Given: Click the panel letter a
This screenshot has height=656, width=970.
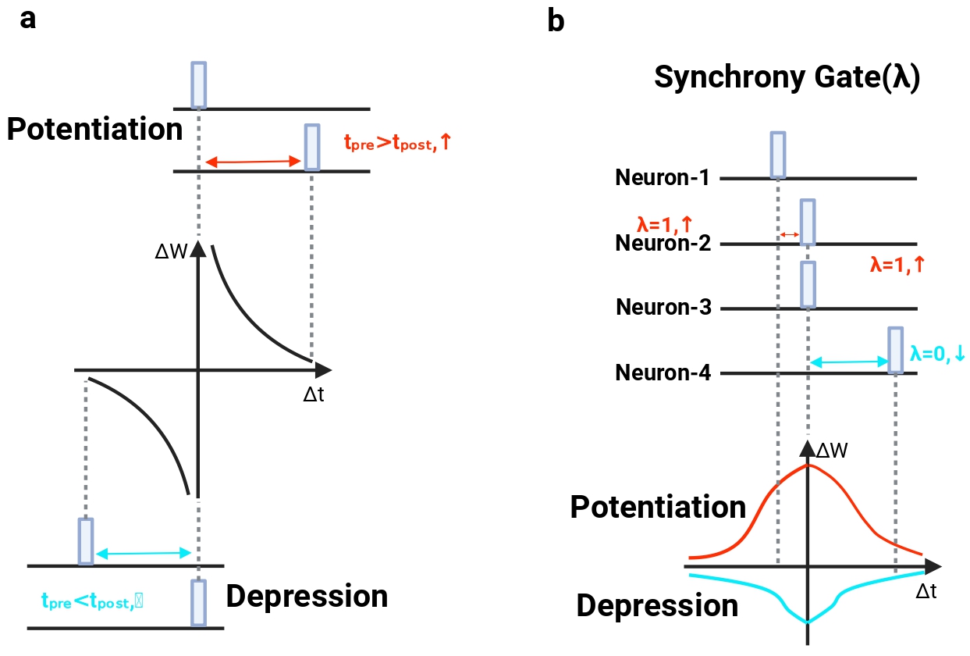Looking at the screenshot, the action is point(28,20).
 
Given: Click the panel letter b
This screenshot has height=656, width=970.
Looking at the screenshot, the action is point(556,21).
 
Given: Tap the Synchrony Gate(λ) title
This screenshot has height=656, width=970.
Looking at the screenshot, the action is point(787,77).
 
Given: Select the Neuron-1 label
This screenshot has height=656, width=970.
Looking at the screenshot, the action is point(662,177).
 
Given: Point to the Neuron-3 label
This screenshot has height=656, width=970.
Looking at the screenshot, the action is point(663,307).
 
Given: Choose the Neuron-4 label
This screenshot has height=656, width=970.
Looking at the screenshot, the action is point(663,373).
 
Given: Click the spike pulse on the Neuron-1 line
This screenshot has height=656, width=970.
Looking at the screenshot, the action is point(778,155).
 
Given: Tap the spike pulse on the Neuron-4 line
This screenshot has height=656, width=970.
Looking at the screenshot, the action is point(896,350).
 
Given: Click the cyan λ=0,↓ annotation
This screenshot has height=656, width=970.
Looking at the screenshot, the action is point(937,354).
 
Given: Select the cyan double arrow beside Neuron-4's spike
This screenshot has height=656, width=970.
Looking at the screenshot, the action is point(848,362).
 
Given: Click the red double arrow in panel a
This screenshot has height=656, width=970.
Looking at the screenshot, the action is point(253,162).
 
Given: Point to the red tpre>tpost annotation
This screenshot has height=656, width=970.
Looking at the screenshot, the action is point(398,142).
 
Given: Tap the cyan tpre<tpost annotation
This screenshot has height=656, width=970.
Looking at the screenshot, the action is point(92,601).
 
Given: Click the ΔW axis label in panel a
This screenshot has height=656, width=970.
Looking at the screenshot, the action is point(171,251).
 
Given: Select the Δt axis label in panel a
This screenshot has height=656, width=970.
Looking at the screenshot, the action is point(314,394).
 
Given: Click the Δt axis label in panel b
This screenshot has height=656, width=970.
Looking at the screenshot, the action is point(926,591).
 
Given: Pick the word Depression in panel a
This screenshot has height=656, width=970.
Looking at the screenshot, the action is point(307,596).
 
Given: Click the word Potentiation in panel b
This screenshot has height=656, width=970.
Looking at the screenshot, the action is point(658,507).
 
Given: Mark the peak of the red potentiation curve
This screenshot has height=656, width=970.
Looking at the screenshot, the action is point(808,465).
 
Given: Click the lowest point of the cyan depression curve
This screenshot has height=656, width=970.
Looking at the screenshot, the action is point(808,622).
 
